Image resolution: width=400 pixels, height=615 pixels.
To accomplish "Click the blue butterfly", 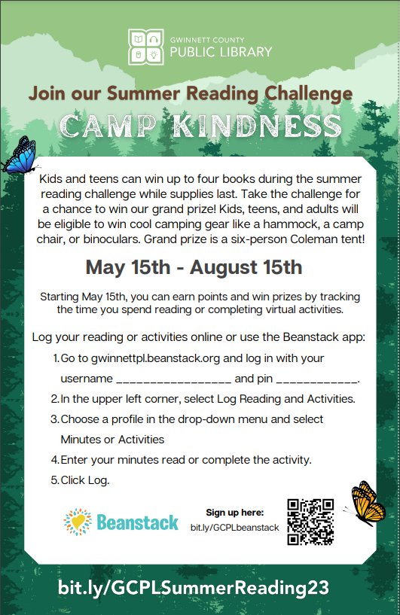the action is click(20, 157).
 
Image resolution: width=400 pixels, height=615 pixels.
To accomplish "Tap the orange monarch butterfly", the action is click(366, 504).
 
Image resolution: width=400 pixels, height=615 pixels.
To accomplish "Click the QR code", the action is click(310, 522).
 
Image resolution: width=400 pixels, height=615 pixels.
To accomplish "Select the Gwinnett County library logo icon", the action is click(146, 47).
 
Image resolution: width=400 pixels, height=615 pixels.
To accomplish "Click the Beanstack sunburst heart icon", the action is click(78, 522).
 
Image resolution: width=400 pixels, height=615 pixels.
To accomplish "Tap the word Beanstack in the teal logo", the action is click(137, 523).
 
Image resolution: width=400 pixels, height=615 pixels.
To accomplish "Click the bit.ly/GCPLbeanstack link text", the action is click(235, 528).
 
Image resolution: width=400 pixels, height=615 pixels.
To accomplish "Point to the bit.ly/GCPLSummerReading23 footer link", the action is click(194, 588).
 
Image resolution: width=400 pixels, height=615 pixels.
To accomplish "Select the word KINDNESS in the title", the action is click(258, 126).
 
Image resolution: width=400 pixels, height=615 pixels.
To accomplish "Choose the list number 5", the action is click(54, 480).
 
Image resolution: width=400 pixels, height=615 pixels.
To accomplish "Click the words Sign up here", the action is click(235, 513).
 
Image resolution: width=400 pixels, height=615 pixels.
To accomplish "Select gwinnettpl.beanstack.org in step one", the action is click(155, 359).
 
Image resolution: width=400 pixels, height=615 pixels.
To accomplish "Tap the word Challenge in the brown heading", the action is click(309, 94).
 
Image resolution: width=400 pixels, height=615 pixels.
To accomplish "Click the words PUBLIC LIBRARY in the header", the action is click(221, 52).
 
